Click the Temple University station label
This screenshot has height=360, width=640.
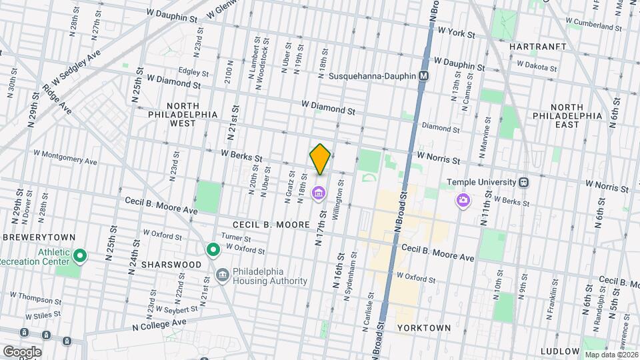coord(481,182)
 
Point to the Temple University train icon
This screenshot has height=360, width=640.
coord(524,182)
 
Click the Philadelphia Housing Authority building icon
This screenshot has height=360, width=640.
coord(222,274)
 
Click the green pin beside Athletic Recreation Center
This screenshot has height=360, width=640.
coord(80,255)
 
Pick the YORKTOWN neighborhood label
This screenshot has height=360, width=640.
coord(423,328)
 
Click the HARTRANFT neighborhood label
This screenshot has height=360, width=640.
coord(537,47)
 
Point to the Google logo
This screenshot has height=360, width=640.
coord(21,351)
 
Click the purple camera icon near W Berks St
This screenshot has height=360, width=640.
coord(463,200)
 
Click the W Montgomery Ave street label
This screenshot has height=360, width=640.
coord(65,157)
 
